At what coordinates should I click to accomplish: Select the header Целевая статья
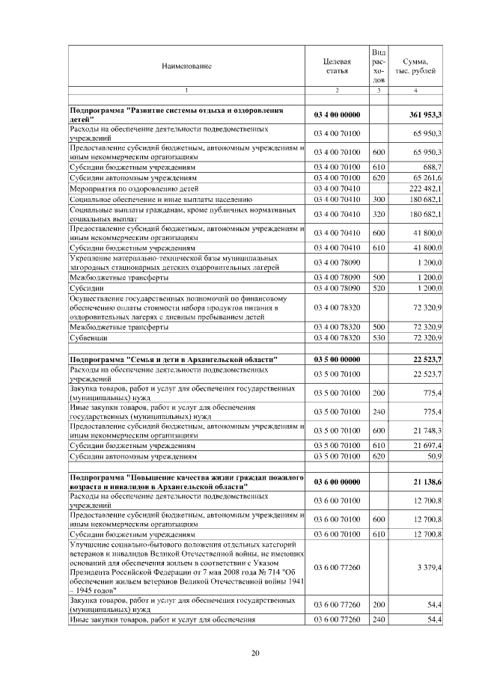(x=337, y=67)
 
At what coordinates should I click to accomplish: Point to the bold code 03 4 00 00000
(x=337, y=114)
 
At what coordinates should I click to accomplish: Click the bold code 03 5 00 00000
(x=337, y=361)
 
